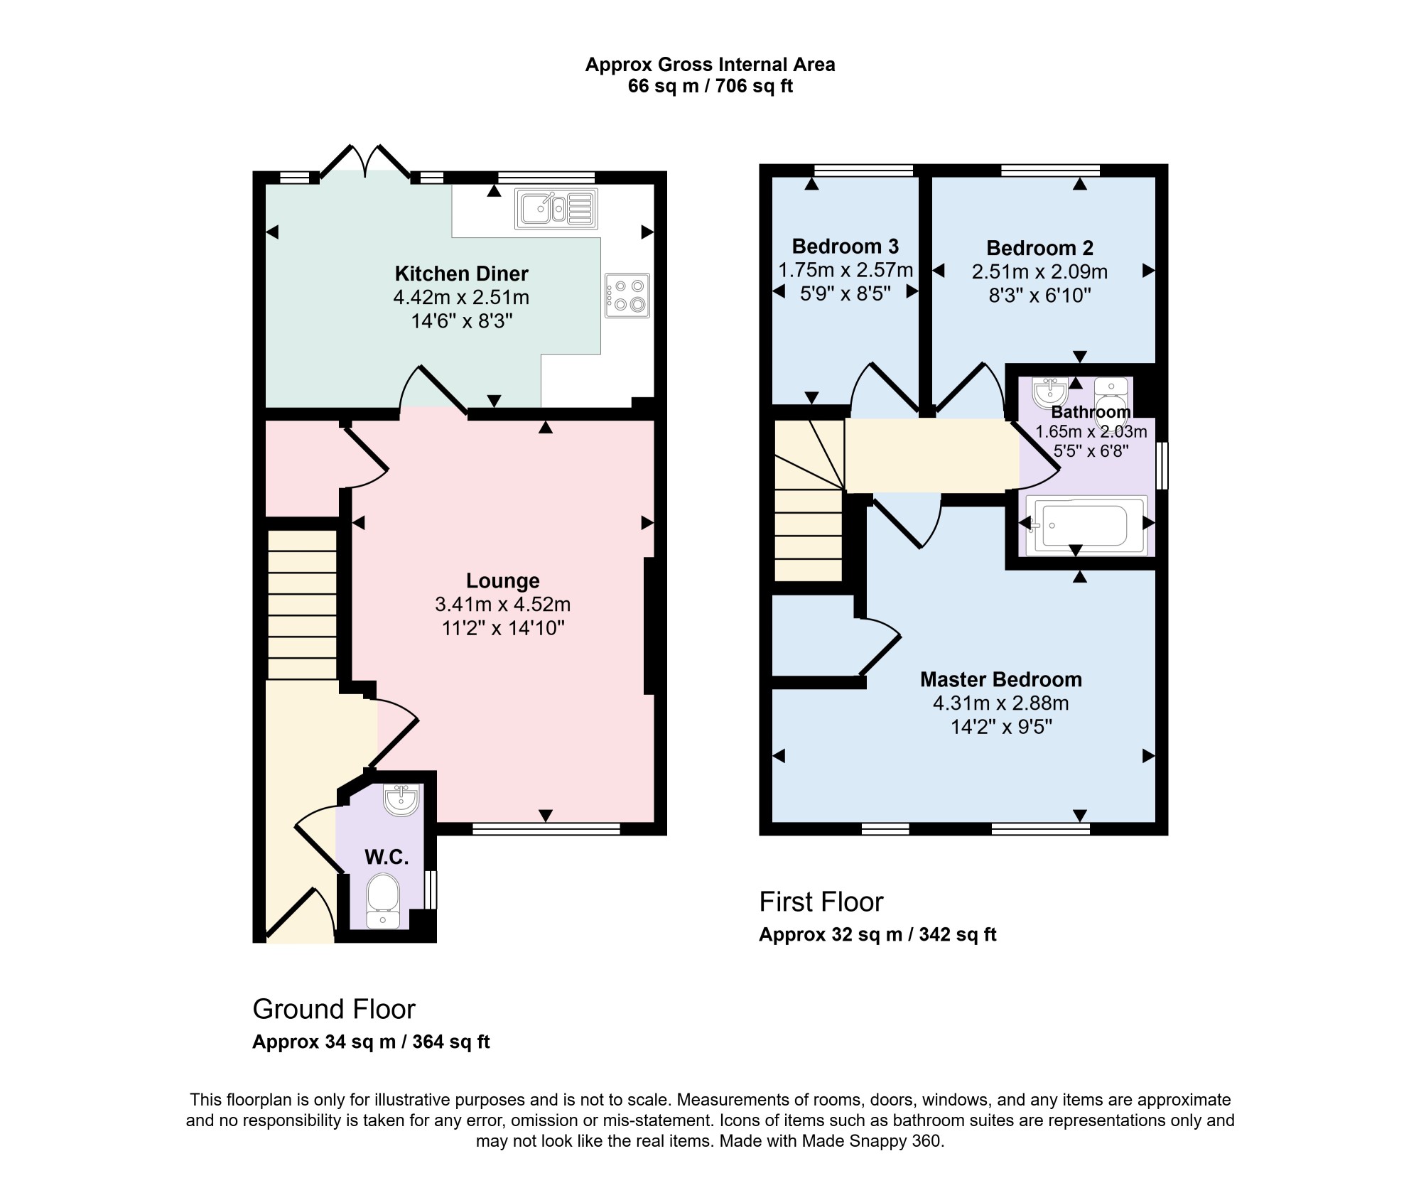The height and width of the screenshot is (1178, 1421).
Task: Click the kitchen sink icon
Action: pyautogui.click(x=557, y=208)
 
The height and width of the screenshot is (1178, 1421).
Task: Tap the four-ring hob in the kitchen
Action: pyautogui.click(x=627, y=296)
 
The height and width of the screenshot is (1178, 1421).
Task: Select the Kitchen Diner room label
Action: pyautogui.click(x=462, y=274)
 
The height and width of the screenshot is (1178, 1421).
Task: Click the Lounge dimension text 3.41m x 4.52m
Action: pyautogui.click(x=503, y=605)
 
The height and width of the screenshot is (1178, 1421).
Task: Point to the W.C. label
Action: pyautogui.click(x=387, y=858)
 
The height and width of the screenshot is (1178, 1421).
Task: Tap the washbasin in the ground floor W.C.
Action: pyautogui.click(x=401, y=799)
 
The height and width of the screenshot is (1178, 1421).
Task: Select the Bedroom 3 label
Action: pyautogui.click(x=845, y=247)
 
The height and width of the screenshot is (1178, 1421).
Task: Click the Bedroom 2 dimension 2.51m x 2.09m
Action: pyautogui.click(x=1040, y=272)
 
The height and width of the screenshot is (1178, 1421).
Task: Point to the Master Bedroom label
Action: pyautogui.click(x=1001, y=679)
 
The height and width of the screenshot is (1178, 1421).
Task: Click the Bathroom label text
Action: pyautogui.click(x=1091, y=412)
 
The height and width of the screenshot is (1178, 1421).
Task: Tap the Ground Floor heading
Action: pyautogui.click(x=334, y=1009)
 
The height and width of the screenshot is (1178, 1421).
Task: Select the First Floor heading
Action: pyautogui.click(x=821, y=902)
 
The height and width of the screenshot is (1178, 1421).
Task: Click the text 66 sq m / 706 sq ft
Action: pyautogui.click(x=710, y=87)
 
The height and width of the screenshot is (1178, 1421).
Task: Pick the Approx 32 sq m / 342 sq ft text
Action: pyautogui.click(x=877, y=934)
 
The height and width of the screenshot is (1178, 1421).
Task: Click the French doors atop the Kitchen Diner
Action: pyautogui.click(x=365, y=161)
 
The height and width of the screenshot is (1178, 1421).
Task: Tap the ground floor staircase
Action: pyautogui.click(x=302, y=604)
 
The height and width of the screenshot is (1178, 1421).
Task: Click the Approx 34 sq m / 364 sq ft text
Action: pyautogui.click(x=371, y=1042)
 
